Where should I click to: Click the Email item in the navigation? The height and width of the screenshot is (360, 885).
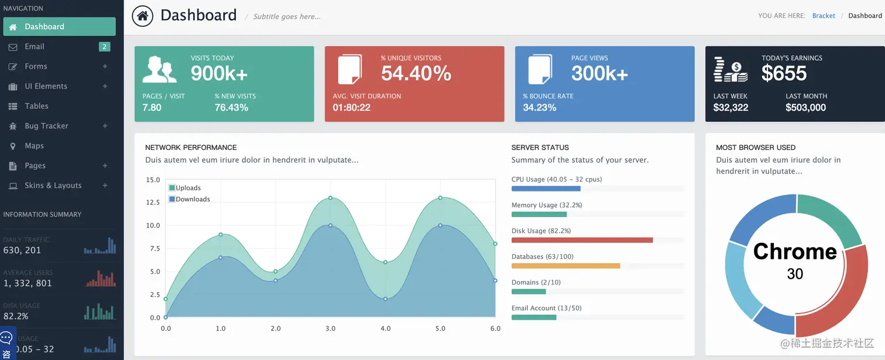35,47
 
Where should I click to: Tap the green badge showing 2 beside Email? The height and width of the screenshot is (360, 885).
104,47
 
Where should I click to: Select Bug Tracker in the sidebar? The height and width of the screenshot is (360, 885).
46,126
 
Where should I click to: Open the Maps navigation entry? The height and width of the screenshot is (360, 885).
34,146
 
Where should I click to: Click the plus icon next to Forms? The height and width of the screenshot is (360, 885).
105,67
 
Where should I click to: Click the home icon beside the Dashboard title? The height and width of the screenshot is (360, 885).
142,16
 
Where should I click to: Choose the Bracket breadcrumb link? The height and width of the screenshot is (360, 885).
824,16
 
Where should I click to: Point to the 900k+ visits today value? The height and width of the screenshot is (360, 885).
219,73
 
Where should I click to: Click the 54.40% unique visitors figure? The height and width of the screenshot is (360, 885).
416,73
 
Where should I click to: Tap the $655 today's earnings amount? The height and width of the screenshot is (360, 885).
784,73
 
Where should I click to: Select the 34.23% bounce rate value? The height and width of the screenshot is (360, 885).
539,108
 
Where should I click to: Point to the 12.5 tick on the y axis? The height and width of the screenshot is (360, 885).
153,203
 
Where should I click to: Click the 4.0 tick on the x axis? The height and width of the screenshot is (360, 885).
385,328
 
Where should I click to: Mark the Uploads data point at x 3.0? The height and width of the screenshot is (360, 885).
330,198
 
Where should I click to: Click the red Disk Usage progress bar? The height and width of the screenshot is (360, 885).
582,240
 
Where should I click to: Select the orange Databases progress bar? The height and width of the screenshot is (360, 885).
565,266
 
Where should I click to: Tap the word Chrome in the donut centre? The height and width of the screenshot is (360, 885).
795,252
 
